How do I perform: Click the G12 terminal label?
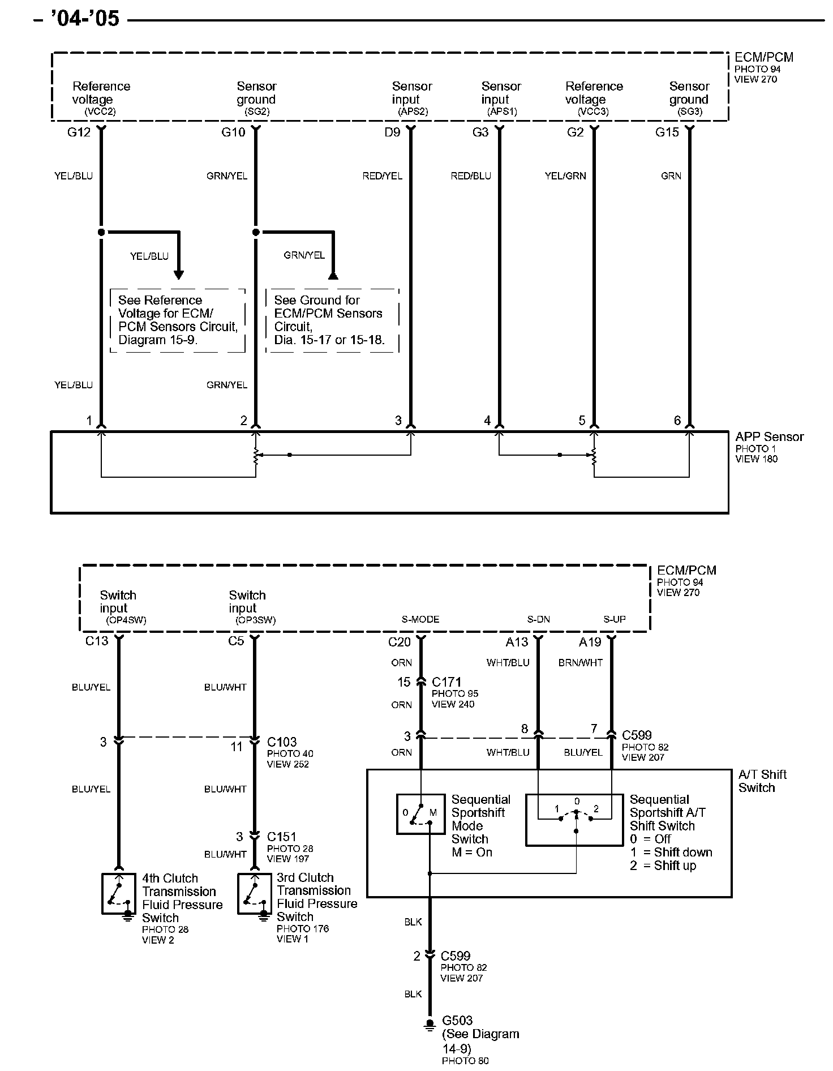(x=79, y=132)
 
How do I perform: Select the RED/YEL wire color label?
(x=382, y=176)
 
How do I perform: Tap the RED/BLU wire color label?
(x=471, y=176)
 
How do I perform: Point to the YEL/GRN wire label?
(x=565, y=176)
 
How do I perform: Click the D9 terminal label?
(x=392, y=132)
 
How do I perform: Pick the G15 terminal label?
(x=667, y=132)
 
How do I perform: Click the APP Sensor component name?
(x=769, y=437)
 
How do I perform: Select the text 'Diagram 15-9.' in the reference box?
(x=157, y=340)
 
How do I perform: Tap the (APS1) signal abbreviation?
(x=502, y=112)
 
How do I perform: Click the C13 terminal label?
(x=96, y=641)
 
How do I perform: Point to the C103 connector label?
(x=282, y=742)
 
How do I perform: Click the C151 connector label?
(x=282, y=837)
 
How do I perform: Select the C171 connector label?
(x=446, y=682)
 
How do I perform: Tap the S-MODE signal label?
(x=420, y=619)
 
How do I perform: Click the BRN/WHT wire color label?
(x=581, y=662)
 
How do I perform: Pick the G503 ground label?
(x=457, y=1020)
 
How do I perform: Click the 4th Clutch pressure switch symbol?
(x=118, y=894)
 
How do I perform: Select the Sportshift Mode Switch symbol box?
(x=420, y=814)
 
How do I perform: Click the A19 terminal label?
(x=590, y=642)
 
